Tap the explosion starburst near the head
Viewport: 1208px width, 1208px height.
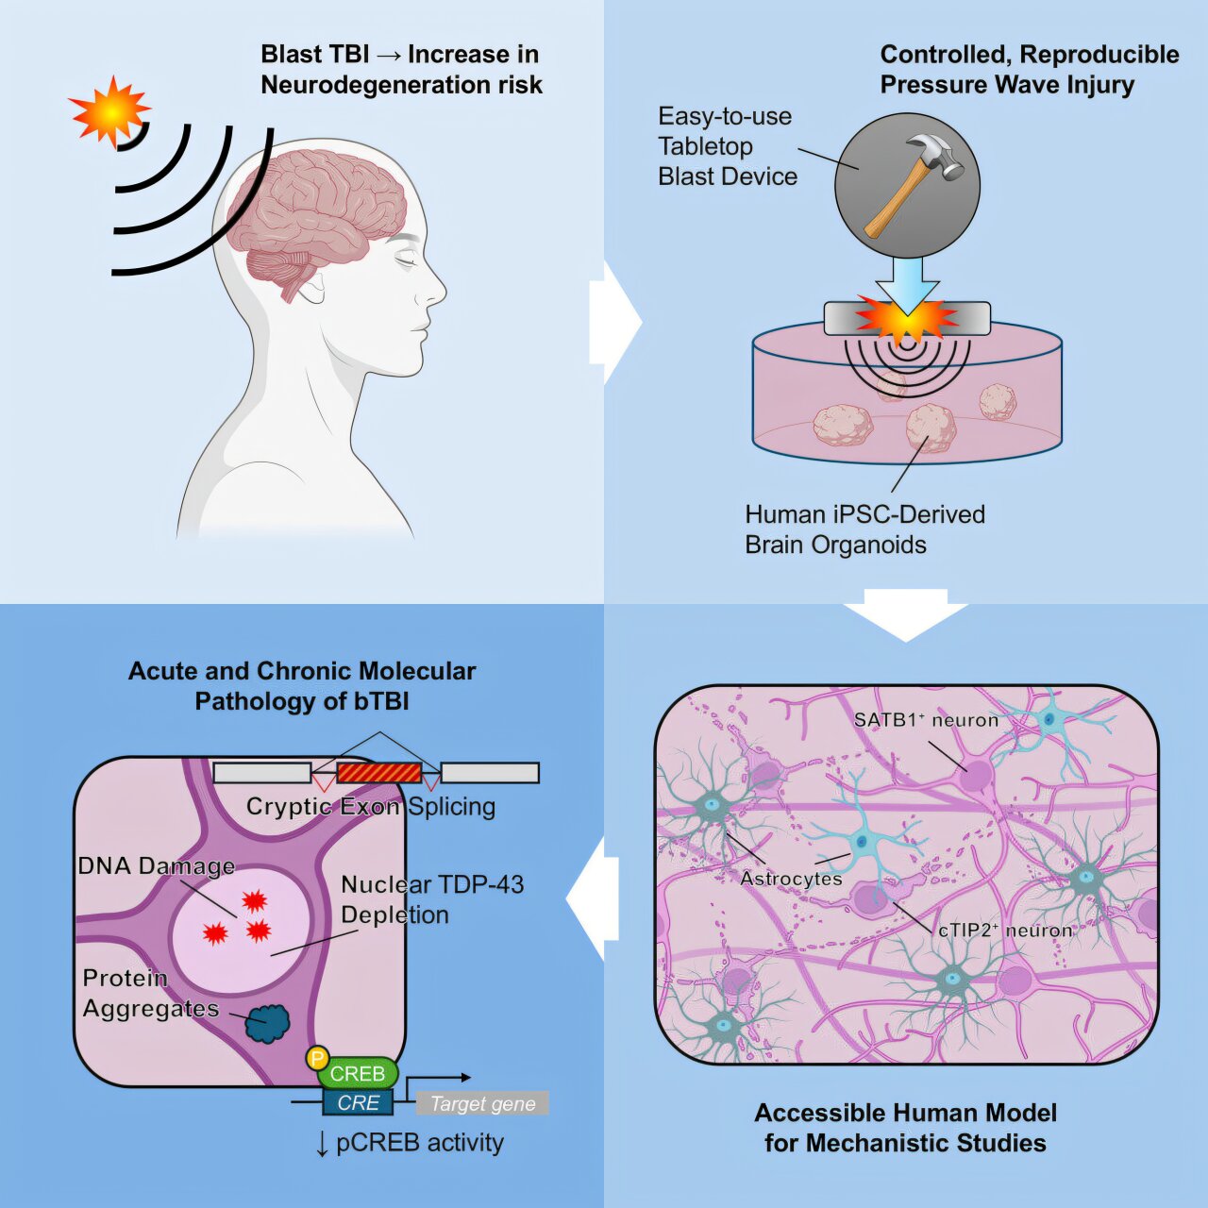[x=110, y=111]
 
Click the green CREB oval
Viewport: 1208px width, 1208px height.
[x=358, y=1074]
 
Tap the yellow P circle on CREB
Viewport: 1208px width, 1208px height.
[x=318, y=1059]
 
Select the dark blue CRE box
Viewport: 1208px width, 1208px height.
[x=358, y=1102]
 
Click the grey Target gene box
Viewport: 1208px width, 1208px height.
[x=482, y=1103]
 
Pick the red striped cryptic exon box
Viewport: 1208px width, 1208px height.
[x=378, y=773]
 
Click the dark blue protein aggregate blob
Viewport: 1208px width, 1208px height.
[x=268, y=1023]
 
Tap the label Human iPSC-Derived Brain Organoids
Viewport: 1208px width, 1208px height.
[x=864, y=529]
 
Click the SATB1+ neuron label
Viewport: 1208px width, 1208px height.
[x=926, y=720]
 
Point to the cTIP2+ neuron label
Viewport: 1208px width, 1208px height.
[x=1005, y=931]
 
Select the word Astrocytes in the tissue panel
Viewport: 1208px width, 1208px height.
[x=791, y=879]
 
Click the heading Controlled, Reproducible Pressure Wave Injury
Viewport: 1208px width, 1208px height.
[x=1029, y=69]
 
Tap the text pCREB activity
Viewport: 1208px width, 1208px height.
[x=419, y=1143]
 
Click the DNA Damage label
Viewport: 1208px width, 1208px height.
[x=157, y=866]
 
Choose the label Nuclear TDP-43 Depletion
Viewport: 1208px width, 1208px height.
[x=431, y=899]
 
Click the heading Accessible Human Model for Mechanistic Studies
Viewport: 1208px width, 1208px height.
[x=905, y=1128]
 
